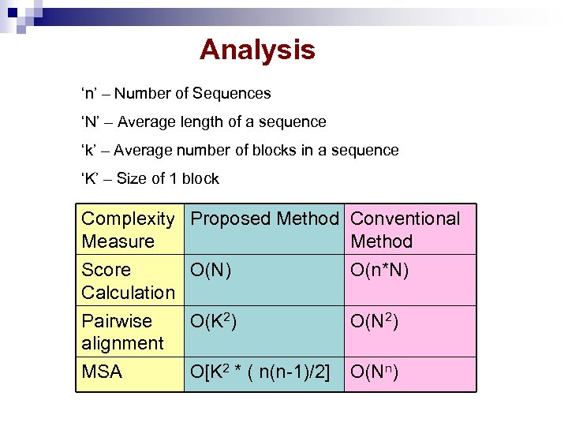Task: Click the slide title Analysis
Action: pyautogui.click(x=257, y=50)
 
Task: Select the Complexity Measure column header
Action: pyautogui.click(x=128, y=230)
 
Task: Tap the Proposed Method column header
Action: pyautogui.click(x=265, y=219)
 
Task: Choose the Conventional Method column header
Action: pyautogui.click(x=405, y=230)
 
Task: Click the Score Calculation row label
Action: pyautogui.click(x=128, y=281)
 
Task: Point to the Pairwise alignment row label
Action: pyautogui.click(x=122, y=332)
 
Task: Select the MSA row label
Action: pyautogui.click(x=102, y=372)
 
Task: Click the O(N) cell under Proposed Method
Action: pyautogui.click(x=211, y=270)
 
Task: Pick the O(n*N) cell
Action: pyautogui.click(x=379, y=270)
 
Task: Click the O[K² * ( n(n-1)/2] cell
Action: pyautogui.click(x=260, y=372)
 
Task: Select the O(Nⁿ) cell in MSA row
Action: pyautogui.click(x=375, y=372)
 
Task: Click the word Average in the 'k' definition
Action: pyautogui.click(x=144, y=150)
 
